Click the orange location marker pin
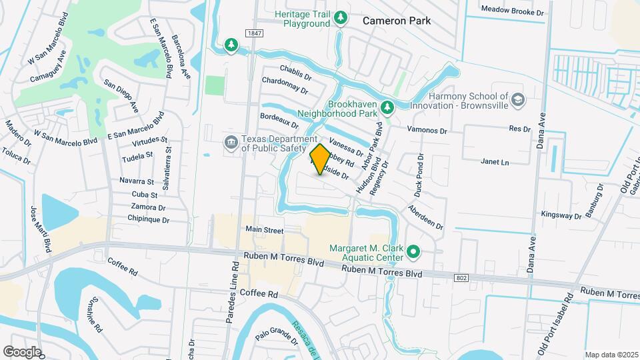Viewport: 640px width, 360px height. point(320,159)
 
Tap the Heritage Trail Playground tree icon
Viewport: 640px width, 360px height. point(341,17)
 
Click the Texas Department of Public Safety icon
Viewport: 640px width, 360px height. point(231,141)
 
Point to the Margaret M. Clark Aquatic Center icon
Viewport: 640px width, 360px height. point(413,252)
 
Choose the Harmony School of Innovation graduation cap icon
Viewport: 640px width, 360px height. point(517,101)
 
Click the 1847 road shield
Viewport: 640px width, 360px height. point(253,33)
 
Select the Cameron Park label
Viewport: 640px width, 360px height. point(396,21)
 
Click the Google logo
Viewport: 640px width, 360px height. point(22,351)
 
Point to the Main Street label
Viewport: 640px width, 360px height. point(265,230)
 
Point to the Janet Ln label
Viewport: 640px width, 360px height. point(495,162)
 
